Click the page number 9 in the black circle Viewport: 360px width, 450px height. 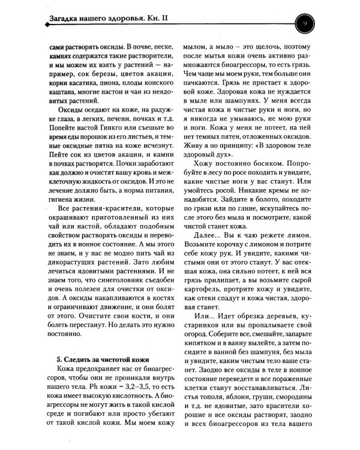coord(304,23)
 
